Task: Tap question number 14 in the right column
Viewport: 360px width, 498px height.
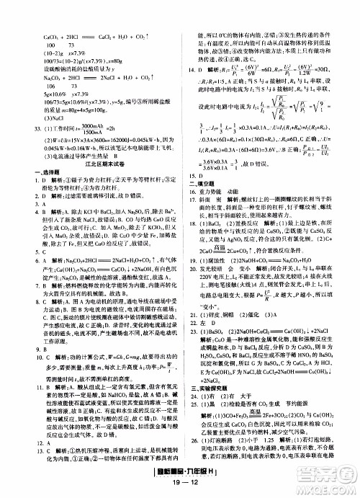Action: click(x=202, y=69)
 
